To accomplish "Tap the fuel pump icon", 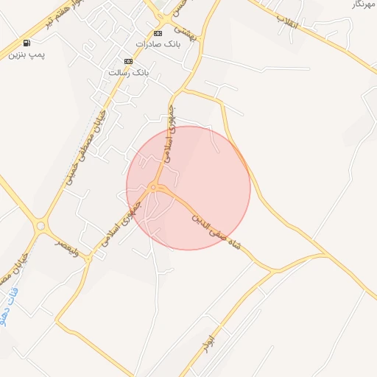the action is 27,43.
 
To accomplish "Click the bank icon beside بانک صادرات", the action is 158,34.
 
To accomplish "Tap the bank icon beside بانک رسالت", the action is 129,61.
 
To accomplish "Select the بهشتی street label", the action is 185,35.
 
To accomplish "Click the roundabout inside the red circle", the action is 153,188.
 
